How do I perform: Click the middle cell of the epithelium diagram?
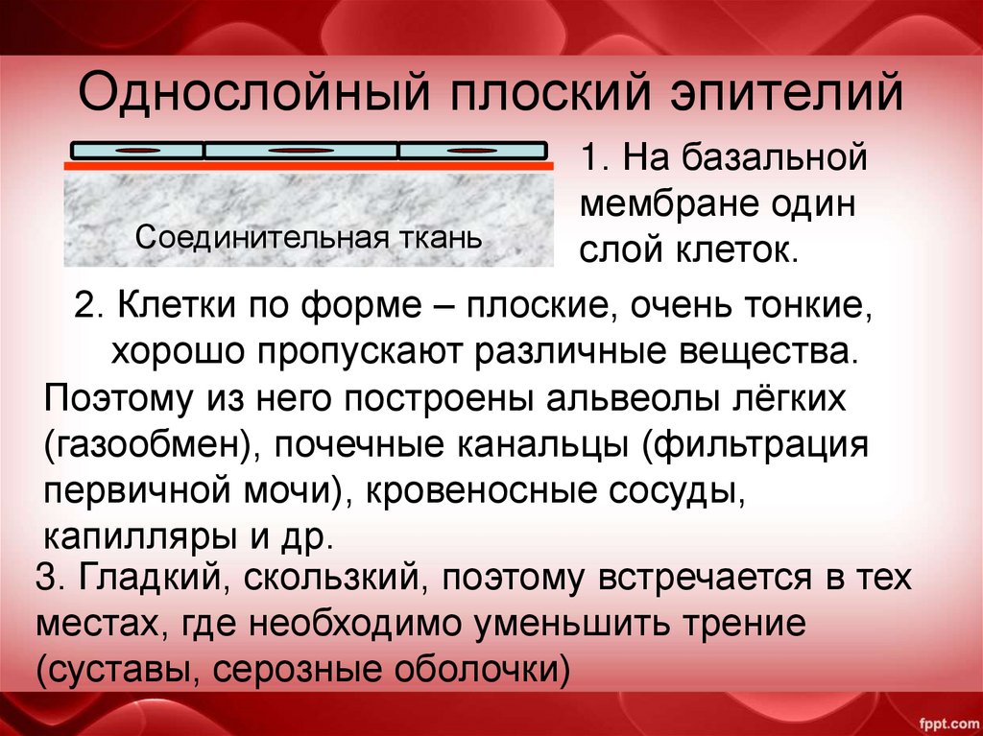pos(300,151)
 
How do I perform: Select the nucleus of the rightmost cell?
pos(469,152)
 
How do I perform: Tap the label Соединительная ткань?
pos(308,237)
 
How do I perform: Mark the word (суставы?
pos(113,669)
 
